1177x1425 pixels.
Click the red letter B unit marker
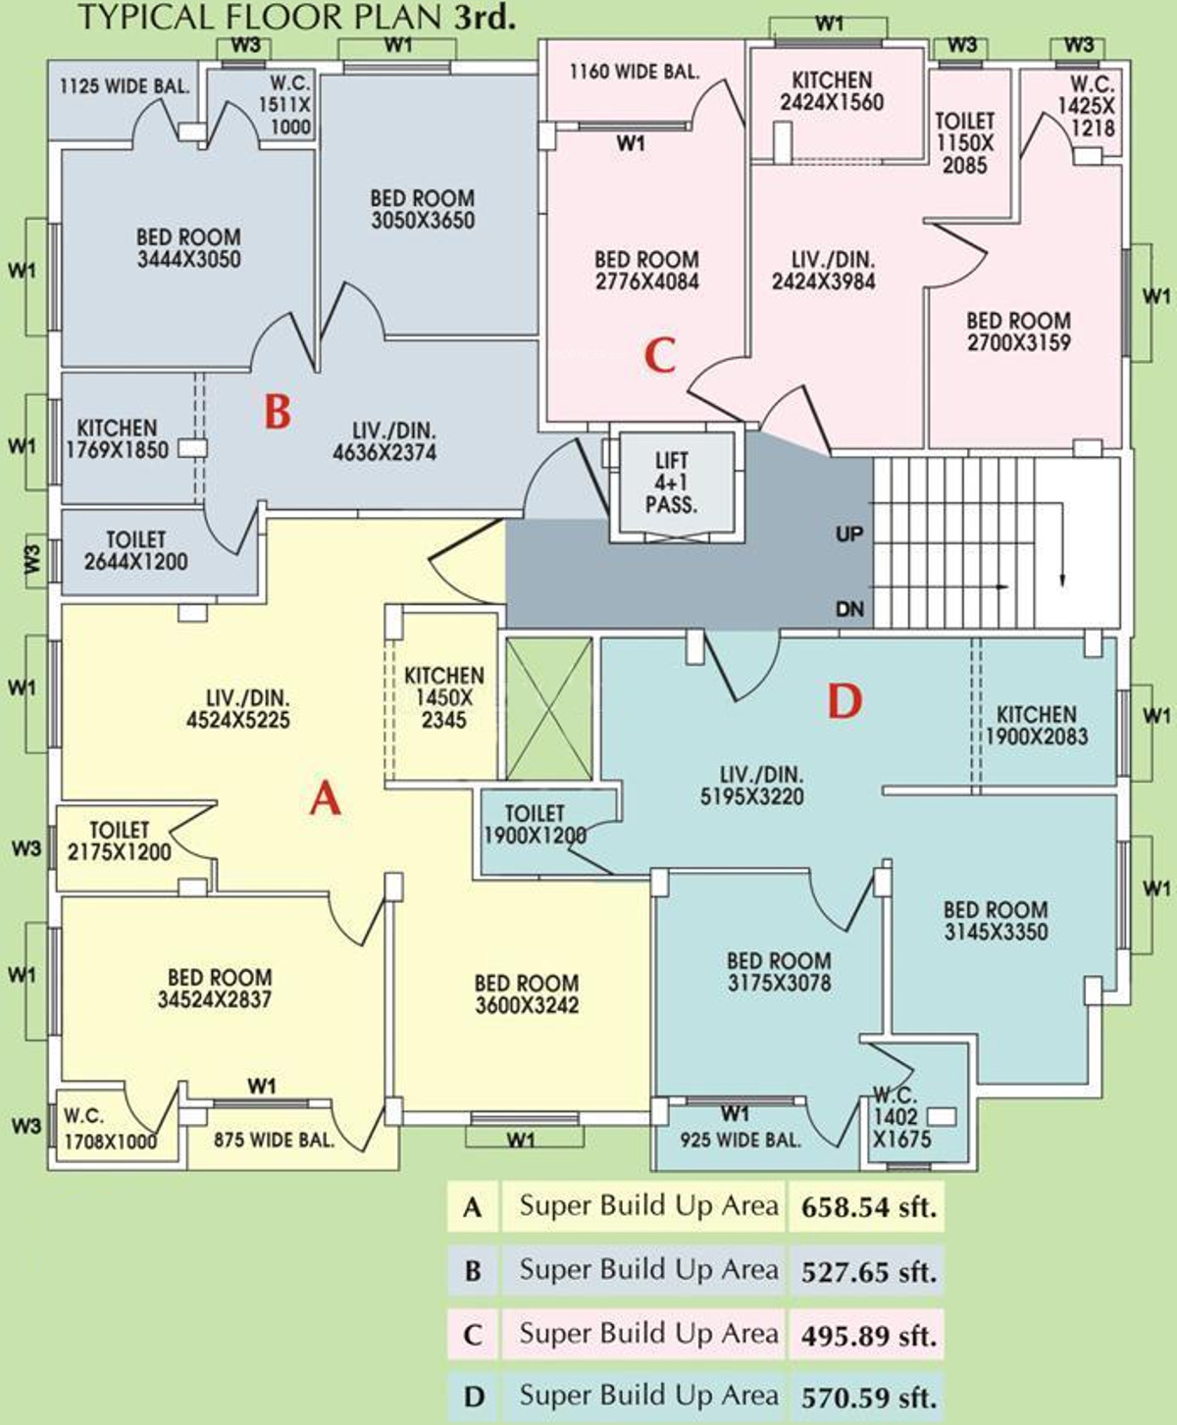pos(278,412)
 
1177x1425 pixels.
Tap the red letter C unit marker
pos(660,356)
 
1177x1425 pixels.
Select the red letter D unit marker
pos(845,701)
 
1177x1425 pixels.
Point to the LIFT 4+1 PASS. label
pos(671,483)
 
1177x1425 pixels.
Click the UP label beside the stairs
pos(849,534)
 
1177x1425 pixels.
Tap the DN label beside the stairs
pos(850,609)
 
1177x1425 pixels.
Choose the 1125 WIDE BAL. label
pos(125,86)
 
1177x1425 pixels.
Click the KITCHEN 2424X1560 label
pos(832,91)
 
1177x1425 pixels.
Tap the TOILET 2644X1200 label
pos(136,550)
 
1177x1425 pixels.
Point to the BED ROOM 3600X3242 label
pos(527,993)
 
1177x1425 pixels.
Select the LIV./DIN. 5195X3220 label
pos(751,785)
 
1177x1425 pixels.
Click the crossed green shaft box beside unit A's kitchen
pos(549,708)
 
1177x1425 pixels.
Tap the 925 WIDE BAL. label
pos(741,1139)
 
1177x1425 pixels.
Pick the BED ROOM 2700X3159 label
pos(1019,331)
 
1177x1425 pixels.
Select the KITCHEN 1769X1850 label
pos(117,438)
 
